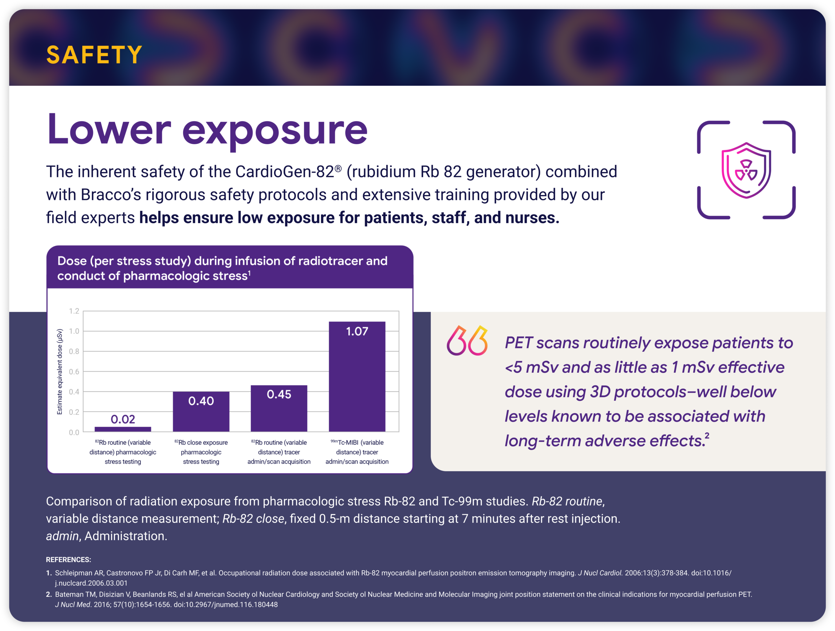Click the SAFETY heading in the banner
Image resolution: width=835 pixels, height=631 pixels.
[94, 55]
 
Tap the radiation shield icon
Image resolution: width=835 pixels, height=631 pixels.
[746, 170]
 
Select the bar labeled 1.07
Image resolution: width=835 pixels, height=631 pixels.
[357, 377]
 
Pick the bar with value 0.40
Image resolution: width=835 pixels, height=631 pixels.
[201, 412]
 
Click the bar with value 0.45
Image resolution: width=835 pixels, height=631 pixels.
[279, 408]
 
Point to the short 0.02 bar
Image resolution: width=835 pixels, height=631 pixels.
[123, 429]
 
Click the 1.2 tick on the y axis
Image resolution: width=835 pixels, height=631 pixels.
[74, 311]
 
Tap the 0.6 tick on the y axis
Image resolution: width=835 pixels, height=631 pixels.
[74, 372]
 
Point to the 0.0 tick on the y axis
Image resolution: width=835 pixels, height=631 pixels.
[74, 432]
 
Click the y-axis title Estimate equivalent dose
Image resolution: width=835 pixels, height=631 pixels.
[60, 372]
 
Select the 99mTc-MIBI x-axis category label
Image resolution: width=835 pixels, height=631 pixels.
[357, 452]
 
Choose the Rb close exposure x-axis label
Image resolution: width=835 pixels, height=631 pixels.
[201, 452]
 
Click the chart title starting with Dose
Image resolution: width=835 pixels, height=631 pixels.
[222, 268]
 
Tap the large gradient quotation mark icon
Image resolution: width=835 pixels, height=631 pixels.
[467, 341]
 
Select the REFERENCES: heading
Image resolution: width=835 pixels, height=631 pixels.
[68, 560]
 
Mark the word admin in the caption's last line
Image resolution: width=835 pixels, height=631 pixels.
[62, 536]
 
